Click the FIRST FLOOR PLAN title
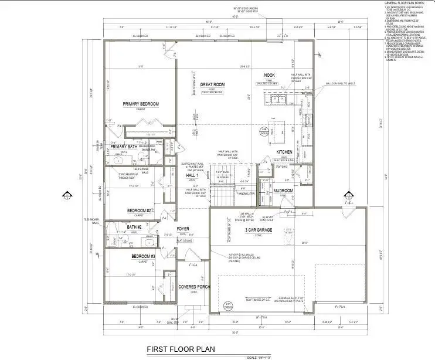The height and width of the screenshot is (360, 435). click(x=181, y=349)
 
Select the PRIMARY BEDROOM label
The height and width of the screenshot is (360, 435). click(x=141, y=104)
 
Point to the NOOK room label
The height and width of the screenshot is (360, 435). click(x=269, y=75)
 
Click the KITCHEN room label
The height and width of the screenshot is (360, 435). click(x=284, y=152)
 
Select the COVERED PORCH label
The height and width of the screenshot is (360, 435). click(x=193, y=287)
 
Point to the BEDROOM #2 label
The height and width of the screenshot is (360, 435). click(x=140, y=210)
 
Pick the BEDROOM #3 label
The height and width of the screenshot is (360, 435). click(x=142, y=257)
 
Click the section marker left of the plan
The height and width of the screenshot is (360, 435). click(x=66, y=196)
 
